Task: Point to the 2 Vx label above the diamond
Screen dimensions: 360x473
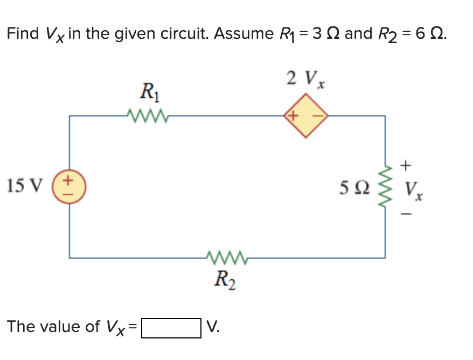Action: (x=307, y=79)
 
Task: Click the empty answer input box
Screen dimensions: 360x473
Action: (x=171, y=327)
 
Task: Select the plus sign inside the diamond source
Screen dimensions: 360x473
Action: (x=294, y=115)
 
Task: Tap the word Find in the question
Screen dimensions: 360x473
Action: (x=23, y=34)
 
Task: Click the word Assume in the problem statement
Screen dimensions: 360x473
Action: (x=244, y=34)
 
